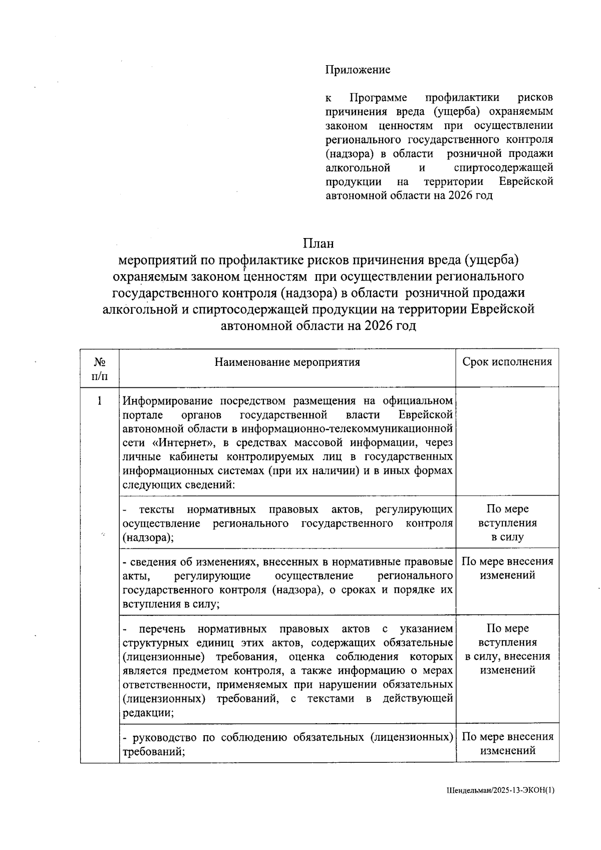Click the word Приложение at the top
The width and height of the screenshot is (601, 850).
click(x=358, y=70)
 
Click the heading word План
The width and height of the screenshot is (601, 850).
click(x=318, y=244)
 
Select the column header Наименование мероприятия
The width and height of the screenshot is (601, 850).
click(x=287, y=362)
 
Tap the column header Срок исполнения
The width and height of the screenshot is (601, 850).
click(x=507, y=362)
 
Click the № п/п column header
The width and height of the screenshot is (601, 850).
click(x=99, y=368)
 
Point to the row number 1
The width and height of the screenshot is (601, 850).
click(x=99, y=401)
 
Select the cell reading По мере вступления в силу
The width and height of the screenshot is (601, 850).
click(x=507, y=523)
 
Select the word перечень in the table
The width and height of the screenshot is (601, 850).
click(x=162, y=629)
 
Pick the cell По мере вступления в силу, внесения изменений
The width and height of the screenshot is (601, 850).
click(x=507, y=650)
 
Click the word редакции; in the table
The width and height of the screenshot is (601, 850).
click(x=148, y=713)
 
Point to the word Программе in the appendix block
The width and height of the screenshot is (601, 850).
click(x=378, y=97)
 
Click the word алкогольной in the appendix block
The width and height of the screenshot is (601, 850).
click(x=358, y=167)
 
